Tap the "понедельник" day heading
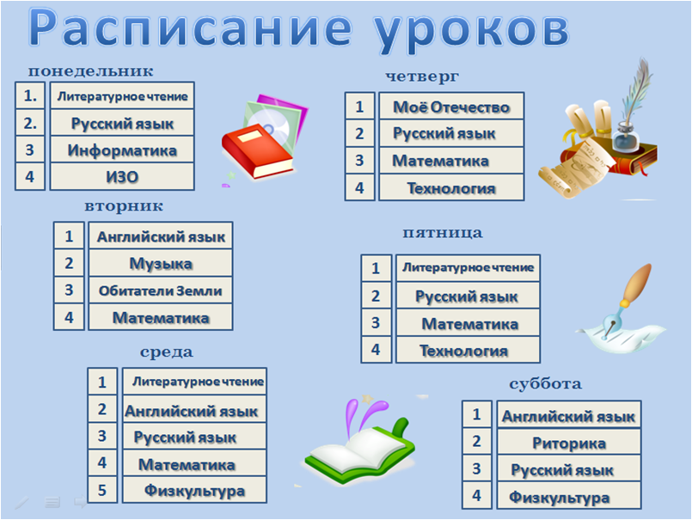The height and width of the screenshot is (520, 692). click(x=91, y=71)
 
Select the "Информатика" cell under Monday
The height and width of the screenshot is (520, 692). click(x=122, y=150)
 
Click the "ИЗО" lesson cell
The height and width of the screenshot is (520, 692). click(x=122, y=176)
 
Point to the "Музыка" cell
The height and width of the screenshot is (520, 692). click(x=161, y=263)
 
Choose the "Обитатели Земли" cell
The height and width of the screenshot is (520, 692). click(x=161, y=290)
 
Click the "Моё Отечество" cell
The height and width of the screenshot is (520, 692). click(x=451, y=106)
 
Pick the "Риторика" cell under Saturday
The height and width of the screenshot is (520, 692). click(x=569, y=442)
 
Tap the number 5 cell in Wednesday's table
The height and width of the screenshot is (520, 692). click(x=102, y=490)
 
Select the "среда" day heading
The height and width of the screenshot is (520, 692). click(x=167, y=352)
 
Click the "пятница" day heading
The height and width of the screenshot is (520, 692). click(x=443, y=233)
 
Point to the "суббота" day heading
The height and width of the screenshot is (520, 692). click(x=546, y=383)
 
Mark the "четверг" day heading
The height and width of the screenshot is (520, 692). click(x=422, y=76)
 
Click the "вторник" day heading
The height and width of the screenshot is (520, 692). click(x=124, y=206)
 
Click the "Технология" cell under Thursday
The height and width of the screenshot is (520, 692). click(x=451, y=187)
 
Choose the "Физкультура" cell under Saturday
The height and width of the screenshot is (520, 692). click(x=569, y=496)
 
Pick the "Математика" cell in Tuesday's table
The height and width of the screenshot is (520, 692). click(x=161, y=317)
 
